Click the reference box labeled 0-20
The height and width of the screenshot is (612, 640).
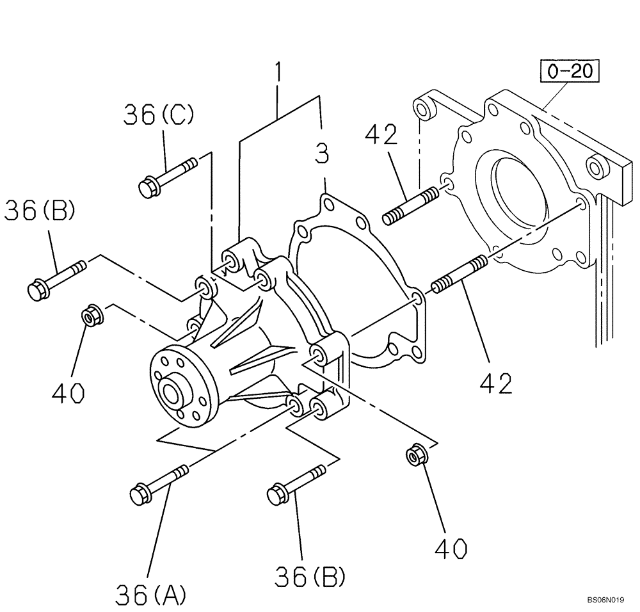pos(571,71)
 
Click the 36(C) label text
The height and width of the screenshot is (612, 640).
pos(159,115)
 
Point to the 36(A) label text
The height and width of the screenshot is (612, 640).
pos(151,595)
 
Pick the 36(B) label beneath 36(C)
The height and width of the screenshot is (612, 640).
pos(40,211)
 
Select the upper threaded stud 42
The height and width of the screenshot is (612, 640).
pos(410,205)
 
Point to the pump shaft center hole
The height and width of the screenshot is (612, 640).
pos(170,392)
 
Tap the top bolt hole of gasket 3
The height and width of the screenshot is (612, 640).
pos(328,204)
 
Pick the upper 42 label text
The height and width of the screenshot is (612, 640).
pos(381,136)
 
